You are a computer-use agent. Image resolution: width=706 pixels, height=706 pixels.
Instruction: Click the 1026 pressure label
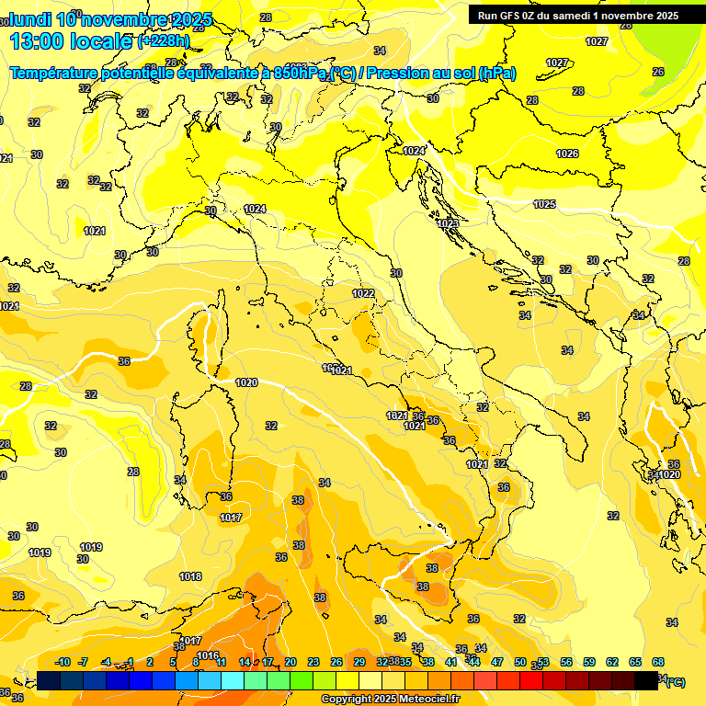(x=567, y=154)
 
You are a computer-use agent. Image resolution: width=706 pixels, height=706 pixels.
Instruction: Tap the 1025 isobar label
(x=544, y=204)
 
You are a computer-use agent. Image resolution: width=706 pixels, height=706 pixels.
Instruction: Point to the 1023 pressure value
(x=448, y=223)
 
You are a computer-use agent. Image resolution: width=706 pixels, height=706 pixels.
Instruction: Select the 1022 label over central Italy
(x=363, y=293)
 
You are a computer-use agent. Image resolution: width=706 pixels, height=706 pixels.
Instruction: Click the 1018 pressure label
(x=190, y=576)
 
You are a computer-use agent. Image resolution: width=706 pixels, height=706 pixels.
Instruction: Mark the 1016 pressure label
(x=209, y=655)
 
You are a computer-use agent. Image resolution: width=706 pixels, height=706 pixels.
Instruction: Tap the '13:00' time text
(x=37, y=41)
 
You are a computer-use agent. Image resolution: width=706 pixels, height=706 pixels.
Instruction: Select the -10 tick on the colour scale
(x=63, y=662)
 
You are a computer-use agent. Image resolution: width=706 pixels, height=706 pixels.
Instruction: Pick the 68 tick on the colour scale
(x=658, y=662)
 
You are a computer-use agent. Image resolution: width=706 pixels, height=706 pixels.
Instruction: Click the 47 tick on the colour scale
(x=497, y=662)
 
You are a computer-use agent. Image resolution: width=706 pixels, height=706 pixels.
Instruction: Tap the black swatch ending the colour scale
(x=646, y=680)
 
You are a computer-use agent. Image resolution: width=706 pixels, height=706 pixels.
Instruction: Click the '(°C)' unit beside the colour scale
(x=674, y=682)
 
